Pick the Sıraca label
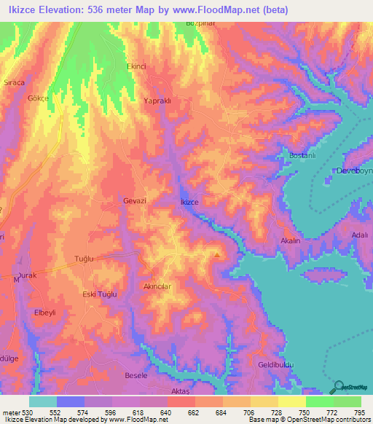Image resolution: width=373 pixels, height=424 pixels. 15,82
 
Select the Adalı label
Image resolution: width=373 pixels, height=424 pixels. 360,235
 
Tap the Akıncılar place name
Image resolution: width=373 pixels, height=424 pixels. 157,286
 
